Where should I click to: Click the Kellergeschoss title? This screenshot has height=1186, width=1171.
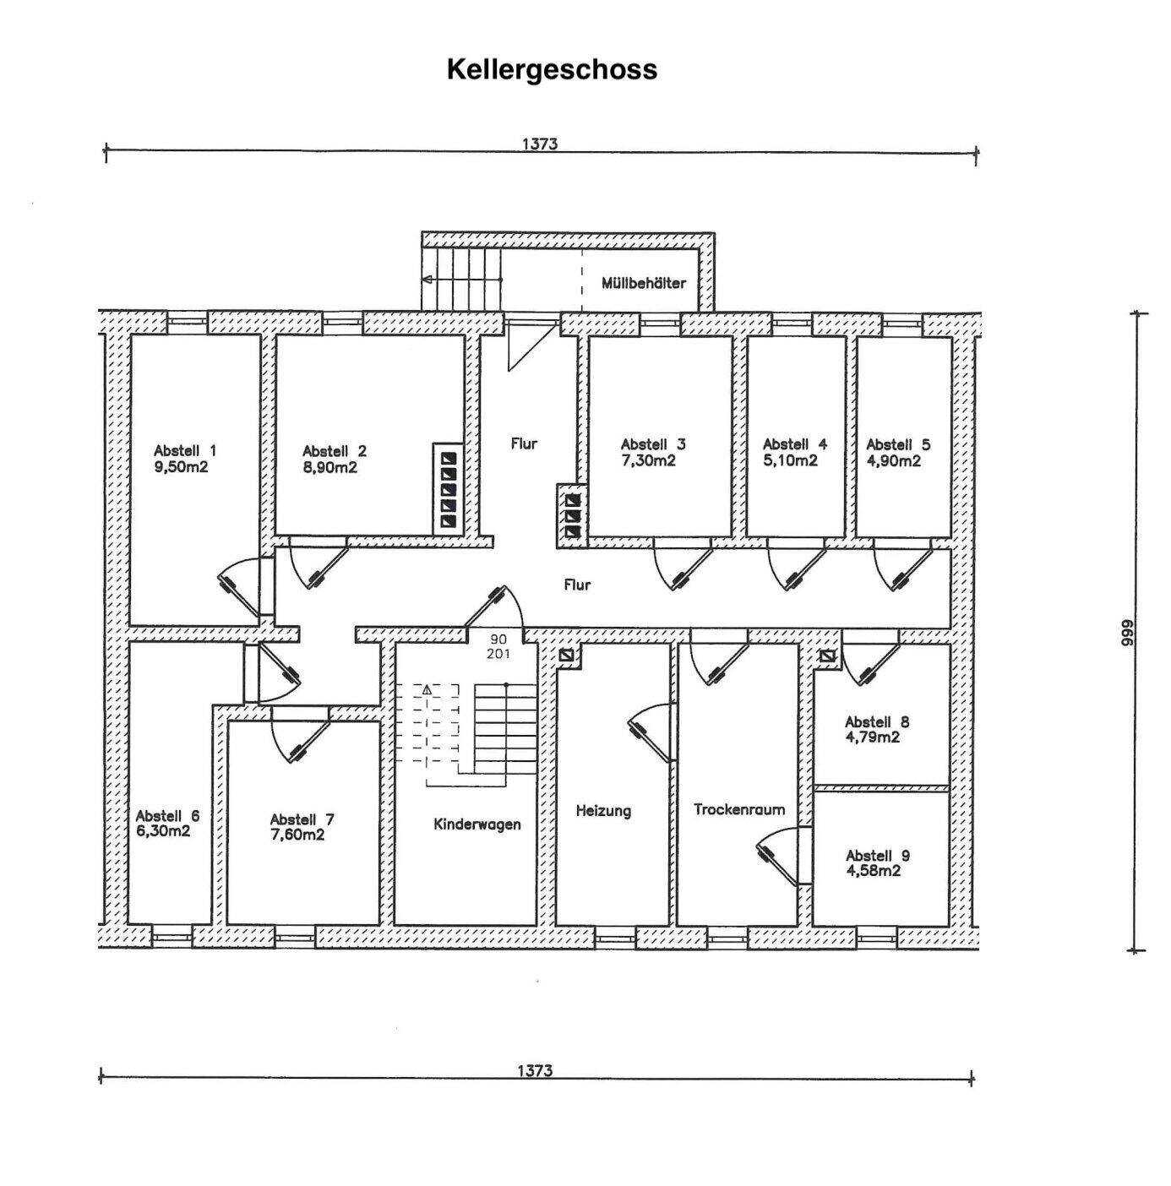pyautogui.click(x=552, y=69)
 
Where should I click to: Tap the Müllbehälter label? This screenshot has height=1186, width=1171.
pyautogui.click(x=643, y=283)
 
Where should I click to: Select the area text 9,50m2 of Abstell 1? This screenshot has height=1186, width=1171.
pyautogui.click(x=182, y=467)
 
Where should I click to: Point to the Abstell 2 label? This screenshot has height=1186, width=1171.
pyautogui.click(x=335, y=451)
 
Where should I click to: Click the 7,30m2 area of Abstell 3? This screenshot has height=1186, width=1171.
pyautogui.click(x=648, y=461)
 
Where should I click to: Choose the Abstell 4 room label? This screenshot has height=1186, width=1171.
pyautogui.click(x=795, y=444)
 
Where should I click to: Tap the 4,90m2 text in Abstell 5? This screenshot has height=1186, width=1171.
pyautogui.click(x=893, y=461)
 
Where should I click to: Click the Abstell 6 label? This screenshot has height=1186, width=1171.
pyautogui.click(x=167, y=816)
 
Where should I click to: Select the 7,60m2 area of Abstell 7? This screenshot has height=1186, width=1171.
pyautogui.click(x=297, y=835)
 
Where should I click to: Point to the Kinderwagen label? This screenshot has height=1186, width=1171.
pyautogui.click(x=477, y=824)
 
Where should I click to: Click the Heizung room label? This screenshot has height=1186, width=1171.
pyautogui.click(x=603, y=811)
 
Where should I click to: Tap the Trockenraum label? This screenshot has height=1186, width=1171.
pyautogui.click(x=739, y=809)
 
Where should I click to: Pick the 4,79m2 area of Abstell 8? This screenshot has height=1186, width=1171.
pyautogui.click(x=873, y=737)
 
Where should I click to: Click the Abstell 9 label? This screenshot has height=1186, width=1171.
pyautogui.click(x=878, y=855)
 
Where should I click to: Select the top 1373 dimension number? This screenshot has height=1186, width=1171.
pyautogui.click(x=539, y=144)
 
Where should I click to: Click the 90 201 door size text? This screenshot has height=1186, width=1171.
pyautogui.click(x=498, y=646)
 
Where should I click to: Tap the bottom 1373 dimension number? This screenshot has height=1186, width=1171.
pyautogui.click(x=535, y=1071)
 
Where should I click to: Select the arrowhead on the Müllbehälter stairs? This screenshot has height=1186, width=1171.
pyautogui.click(x=428, y=280)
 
